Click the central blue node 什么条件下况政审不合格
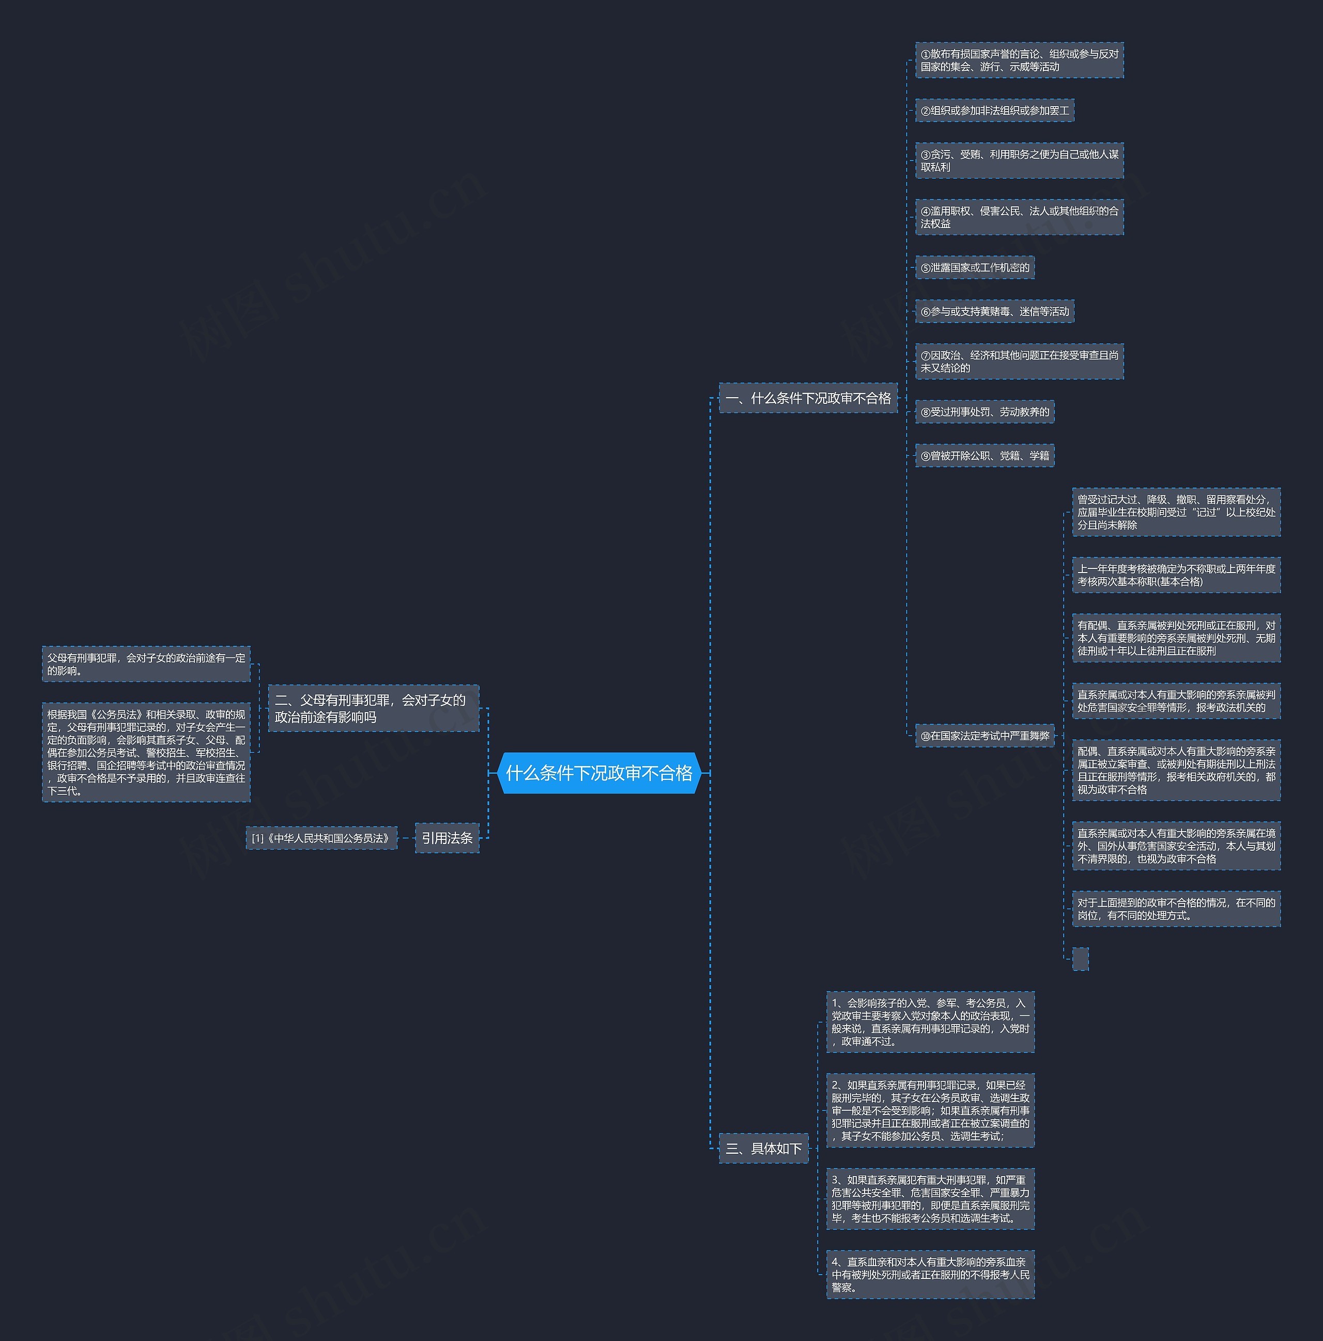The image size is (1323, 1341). tap(599, 773)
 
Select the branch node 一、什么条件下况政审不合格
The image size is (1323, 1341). tap(808, 398)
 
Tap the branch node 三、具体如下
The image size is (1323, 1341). tap(764, 1148)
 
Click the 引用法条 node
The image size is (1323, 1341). tap(447, 838)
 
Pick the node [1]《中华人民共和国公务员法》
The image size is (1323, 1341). tap(322, 838)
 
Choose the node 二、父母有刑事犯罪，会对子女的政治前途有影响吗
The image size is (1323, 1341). tap(373, 708)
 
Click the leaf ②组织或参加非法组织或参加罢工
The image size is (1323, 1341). tap(995, 110)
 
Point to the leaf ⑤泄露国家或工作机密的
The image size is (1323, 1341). tap(975, 267)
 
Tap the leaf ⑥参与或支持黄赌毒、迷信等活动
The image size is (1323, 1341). tap(995, 311)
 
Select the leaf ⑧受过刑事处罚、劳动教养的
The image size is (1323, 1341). tap(984, 412)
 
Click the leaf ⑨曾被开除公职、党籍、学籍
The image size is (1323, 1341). tap(984, 455)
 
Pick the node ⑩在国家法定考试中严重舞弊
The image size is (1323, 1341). tap(984, 735)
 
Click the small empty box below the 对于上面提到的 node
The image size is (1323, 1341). tap(1080, 958)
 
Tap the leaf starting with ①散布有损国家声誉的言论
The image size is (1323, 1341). tap(1019, 59)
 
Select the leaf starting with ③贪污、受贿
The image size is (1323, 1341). tap(1019, 160)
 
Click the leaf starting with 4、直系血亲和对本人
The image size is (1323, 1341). tap(930, 1274)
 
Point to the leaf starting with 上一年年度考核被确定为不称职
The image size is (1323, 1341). tap(1176, 575)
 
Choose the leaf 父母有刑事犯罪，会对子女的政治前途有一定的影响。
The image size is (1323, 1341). tap(146, 664)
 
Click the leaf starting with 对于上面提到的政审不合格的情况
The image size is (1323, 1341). tap(1176, 909)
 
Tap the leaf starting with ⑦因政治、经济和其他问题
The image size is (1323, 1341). tap(1019, 361)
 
